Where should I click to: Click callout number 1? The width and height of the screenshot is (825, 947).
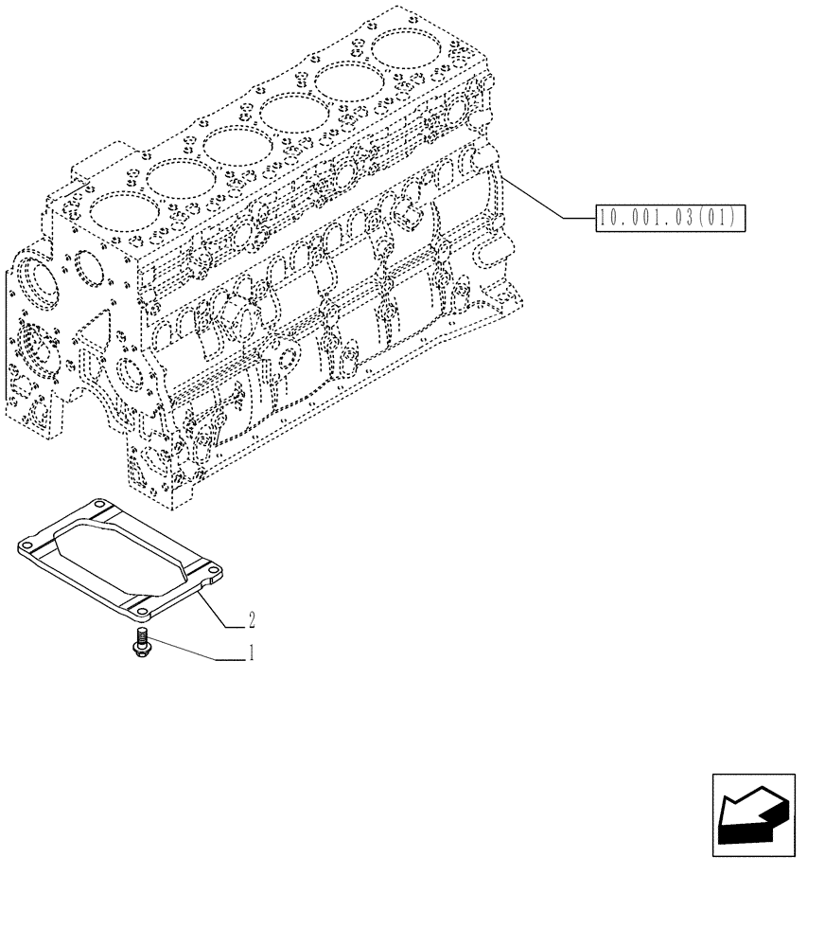tap(251, 652)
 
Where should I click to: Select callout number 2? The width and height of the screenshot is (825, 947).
tap(251, 621)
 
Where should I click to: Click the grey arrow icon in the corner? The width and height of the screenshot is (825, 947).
tap(753, 814)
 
